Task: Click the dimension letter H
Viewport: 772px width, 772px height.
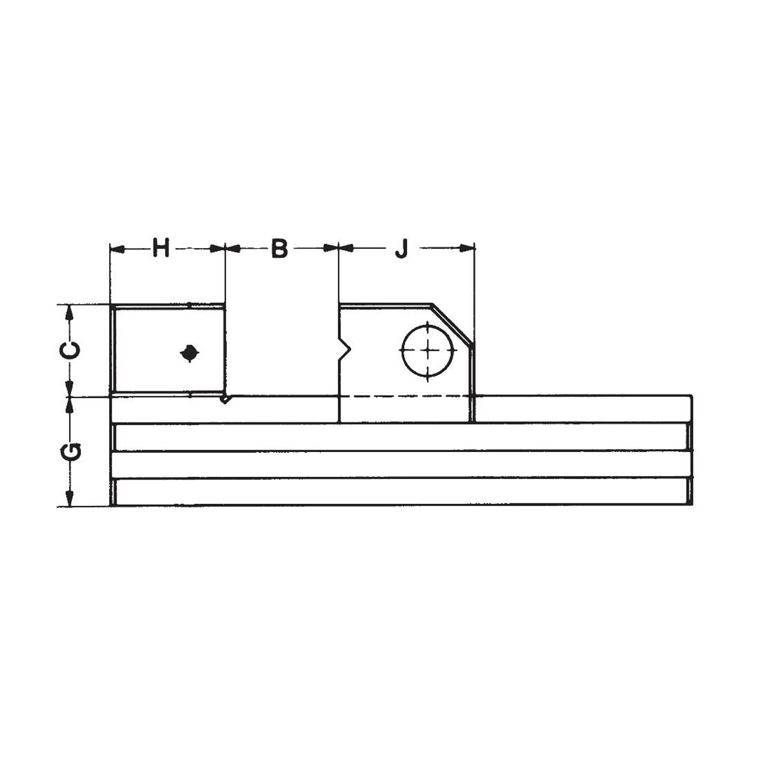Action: coord(161,248)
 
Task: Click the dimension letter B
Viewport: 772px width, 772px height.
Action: coord(279,248)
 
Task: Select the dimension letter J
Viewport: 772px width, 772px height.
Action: coord(401,248)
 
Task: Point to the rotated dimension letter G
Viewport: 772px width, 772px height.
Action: coord(70,452)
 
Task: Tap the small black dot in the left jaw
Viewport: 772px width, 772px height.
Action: coord(190,353)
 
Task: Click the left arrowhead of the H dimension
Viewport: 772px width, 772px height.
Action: coord(117,248)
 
